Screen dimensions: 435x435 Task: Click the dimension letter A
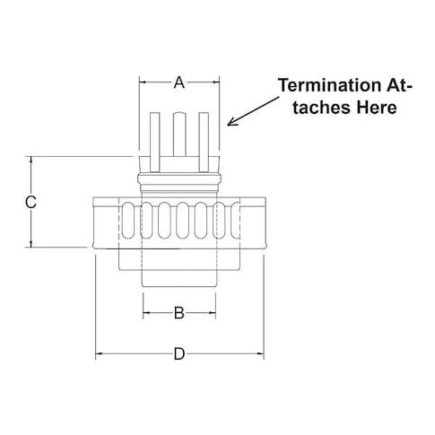click(x=179, y=83)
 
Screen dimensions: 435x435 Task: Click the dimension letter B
click(x=179, y=313)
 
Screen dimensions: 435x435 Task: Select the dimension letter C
click(x=30, y=202)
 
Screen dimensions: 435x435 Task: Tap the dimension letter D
click(x=179, y=354)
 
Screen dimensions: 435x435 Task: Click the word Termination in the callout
click(x=329, y=85)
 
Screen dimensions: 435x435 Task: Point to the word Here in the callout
click(x=377, y=108)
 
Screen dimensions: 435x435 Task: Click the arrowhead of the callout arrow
click(x=231, y=123)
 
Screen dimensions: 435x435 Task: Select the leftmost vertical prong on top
click(x=155, y=142)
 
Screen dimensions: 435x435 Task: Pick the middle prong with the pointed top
click(x=179, y=134)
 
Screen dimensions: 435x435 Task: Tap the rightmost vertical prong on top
click(x=204, y=142)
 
